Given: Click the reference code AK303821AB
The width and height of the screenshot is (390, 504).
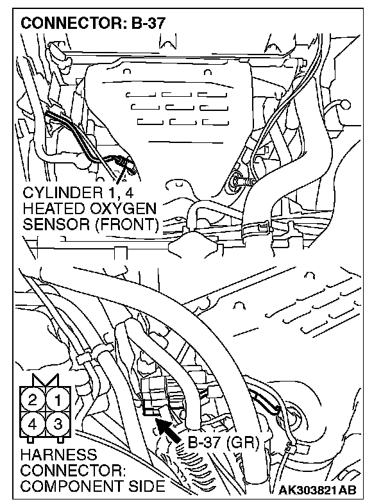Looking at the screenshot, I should [318, 491].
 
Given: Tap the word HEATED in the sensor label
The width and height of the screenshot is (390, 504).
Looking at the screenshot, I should [52, 209].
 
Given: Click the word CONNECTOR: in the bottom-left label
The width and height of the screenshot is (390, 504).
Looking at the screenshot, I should [64, 471].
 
